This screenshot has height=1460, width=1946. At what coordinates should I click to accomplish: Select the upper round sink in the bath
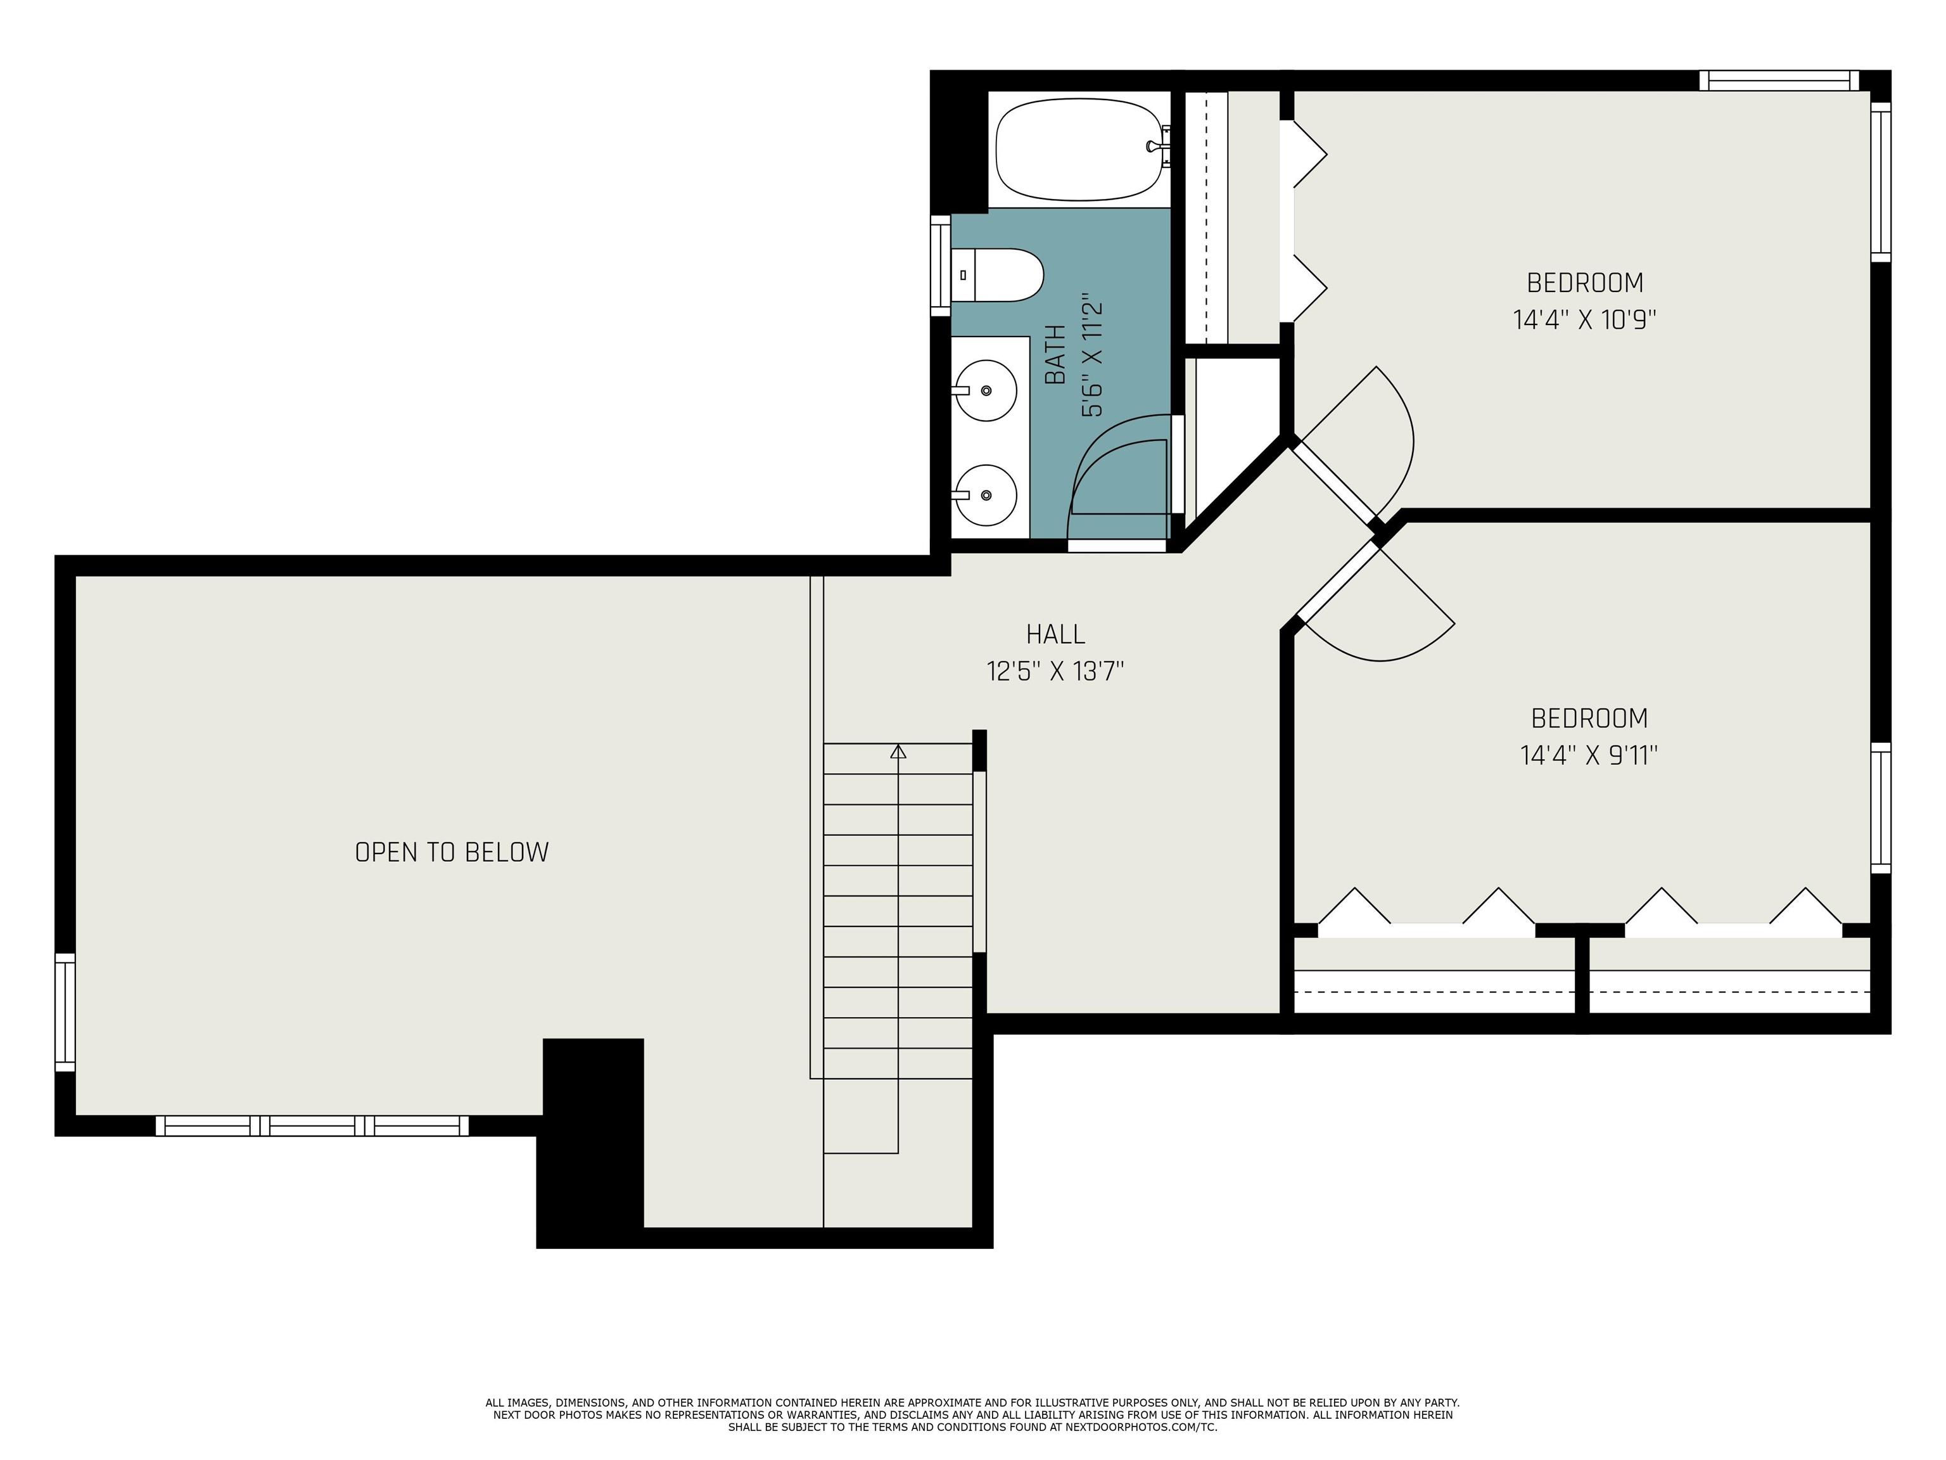click(x=986, y=390)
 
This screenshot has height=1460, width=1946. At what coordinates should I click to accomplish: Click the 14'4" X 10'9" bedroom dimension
click(x=1584, y=319)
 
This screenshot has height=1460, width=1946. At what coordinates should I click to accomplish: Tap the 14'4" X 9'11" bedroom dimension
click(x=1589, y=756)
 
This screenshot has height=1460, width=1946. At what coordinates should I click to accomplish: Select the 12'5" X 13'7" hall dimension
click(x=1055, y=672)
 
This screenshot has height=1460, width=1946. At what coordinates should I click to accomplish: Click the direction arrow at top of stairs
click(x=898, y=752)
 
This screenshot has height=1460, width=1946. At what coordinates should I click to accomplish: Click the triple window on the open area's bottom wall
click(x=312, y=1125)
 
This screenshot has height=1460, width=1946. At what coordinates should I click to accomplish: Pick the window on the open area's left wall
click(x=65, y=1013)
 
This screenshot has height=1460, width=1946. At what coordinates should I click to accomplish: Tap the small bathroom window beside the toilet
click(x=941, y=266)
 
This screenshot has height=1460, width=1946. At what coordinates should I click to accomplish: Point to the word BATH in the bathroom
click(x=1056, y=355)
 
